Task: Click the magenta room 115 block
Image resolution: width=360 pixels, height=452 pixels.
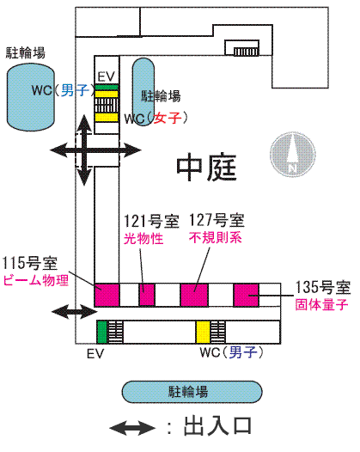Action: coord(107,295)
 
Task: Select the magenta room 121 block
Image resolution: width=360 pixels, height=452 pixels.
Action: coord(147,295)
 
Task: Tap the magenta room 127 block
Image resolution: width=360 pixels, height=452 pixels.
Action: coord(194,295)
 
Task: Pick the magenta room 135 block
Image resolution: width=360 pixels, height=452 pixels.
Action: coord(246,295)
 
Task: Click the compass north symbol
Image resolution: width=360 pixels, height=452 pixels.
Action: coord(293,154)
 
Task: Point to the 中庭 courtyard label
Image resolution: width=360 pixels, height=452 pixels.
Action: coord(206,168)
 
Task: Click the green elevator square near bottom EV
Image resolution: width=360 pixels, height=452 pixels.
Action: coord(101,332)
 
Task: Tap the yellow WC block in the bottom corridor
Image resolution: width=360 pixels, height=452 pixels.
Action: coord(203,332)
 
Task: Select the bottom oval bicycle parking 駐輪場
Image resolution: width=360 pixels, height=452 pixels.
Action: coord(192,392)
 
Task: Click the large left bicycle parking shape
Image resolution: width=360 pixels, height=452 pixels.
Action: coord(31,97)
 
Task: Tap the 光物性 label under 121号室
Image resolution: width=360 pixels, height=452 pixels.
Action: coord(143,239)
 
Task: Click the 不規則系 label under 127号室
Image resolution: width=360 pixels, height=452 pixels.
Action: coord(216,237)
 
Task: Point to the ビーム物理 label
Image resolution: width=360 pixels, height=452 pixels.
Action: coord(36,280)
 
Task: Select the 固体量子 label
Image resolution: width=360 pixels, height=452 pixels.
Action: coord(321,304)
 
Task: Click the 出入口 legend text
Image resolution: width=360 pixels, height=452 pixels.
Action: coord(217,425)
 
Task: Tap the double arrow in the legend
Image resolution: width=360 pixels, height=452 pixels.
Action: coord(132,428)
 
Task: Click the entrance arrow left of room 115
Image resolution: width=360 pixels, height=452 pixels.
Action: coord(75,311)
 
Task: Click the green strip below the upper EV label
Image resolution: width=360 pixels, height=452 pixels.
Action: coord(107,87)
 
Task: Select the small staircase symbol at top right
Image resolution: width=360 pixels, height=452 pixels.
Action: coord(246,52)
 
